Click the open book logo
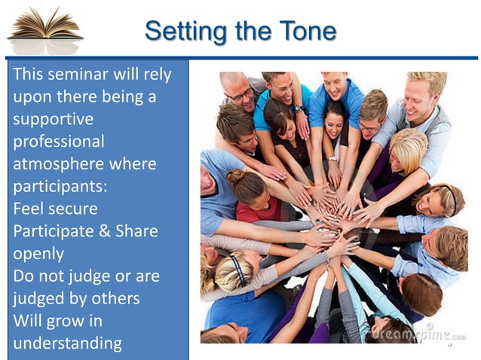point(44,31)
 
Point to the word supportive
point(53,120)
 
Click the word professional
point(59,142)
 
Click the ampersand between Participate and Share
point(107,231)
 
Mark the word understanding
point(67,343)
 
